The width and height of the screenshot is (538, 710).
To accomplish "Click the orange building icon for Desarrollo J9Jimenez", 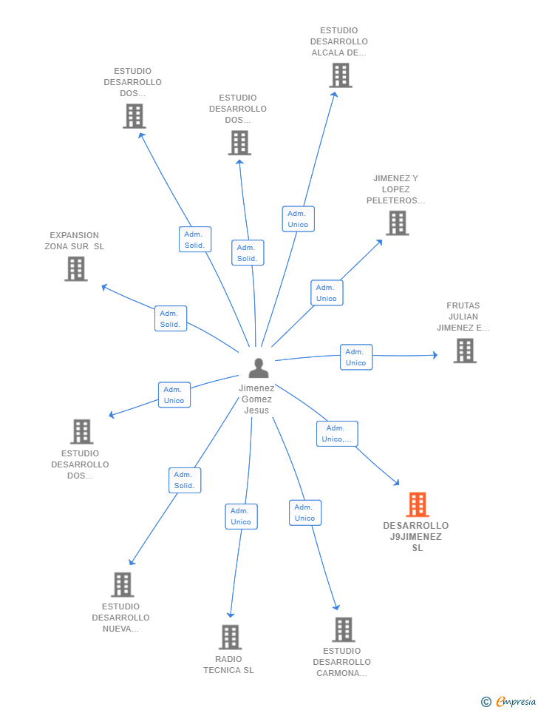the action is tap(418, 504).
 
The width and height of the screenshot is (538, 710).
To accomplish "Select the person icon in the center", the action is tap(259, 368).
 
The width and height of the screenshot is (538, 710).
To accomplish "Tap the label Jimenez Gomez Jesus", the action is tap(256, 399).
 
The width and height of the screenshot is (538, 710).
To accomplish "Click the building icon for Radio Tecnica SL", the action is tap(231, 637).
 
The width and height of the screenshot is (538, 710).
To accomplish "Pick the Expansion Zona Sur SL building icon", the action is tap(76, 268).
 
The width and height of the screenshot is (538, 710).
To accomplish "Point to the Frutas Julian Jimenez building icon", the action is tap(465, 351).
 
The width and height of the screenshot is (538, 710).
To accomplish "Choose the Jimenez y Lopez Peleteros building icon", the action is tap(398, 223).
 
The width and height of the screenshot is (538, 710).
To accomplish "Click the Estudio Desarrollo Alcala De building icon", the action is tap(341, 75).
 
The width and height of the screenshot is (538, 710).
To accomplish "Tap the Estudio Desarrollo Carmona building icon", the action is tap(344, 629).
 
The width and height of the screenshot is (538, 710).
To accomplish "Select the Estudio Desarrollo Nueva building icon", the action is tap(123, 584).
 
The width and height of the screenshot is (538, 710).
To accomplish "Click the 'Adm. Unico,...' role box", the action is tap(337, 434).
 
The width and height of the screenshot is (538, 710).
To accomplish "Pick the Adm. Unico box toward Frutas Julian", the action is tap(356, 357).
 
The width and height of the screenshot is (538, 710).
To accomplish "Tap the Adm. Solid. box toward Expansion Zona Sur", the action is tap(171, 319).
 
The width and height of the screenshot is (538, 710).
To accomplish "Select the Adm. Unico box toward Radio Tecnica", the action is tap(241, 517).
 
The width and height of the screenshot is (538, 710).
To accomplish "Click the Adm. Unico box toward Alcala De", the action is tap(298, 219).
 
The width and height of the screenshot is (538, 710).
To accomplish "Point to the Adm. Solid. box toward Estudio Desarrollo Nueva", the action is tap(185, 481).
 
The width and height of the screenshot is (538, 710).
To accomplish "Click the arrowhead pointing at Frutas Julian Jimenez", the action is tap(435, 355).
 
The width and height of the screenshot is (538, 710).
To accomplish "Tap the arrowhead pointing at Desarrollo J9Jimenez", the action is tap(397, 483).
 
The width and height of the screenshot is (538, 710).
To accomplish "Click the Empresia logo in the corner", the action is tap(508, 701).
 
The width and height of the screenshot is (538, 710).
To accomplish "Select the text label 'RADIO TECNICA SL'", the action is tap(228, 665).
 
